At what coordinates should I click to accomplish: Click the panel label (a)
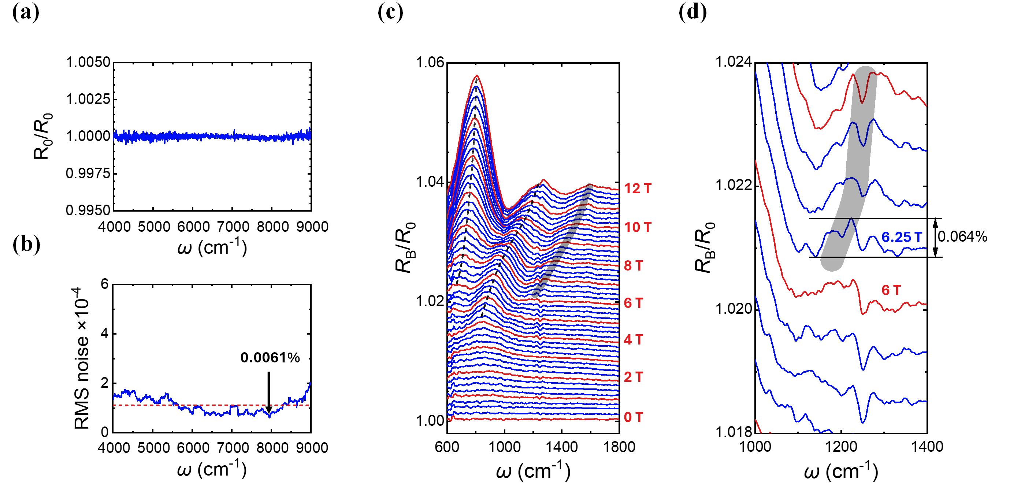pos(26,12)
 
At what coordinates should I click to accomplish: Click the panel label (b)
pos(26,245)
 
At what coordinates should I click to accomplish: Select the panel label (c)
pos(390,12)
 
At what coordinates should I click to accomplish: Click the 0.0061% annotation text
pos(270,357)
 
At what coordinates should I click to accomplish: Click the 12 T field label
pos(638,189)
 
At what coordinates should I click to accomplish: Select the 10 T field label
pos(638,227)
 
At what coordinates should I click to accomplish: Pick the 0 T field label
pos(633,417)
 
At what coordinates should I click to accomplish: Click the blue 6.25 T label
pos(901,237)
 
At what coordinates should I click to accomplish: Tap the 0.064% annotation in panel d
pos(962,237)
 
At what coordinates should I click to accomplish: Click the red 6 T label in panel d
pos(891,290)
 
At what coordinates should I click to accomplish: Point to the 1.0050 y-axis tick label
pos(88,62)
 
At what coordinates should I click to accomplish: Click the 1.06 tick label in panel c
pos(430,62)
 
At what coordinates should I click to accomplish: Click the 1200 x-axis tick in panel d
pos(840,447)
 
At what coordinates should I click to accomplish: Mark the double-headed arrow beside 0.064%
pos(935,238)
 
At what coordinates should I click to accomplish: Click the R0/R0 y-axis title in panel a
pos(43,136)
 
